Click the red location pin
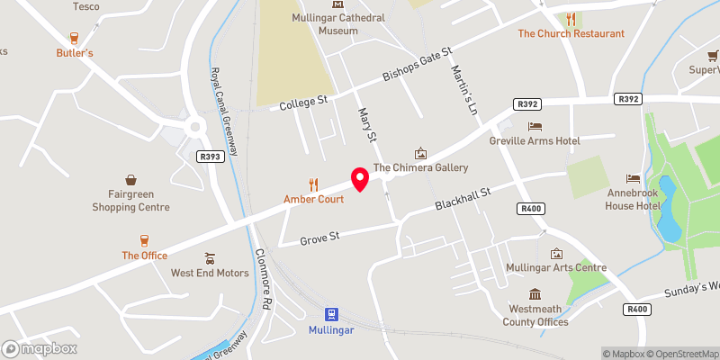pyautogui.click(x=360, y=179)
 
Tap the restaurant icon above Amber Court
pyautogui.click(x=314, y=184)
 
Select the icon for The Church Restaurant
pyautogui.click(x=571, y=18)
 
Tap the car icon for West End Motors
pyautogui.click(x=210, y=257)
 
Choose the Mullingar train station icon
pyautogui.click(x=332, y=314)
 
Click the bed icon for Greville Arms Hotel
pyautogui.click(x=535, y=126)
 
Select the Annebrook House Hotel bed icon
pyautogui.click(x=633, y=178)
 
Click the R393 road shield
pyautogui.click(x=210, y=157)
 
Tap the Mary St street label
pyautogui.click(x=365, y=125)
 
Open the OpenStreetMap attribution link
pyautogui.click(x=681, y=354)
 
